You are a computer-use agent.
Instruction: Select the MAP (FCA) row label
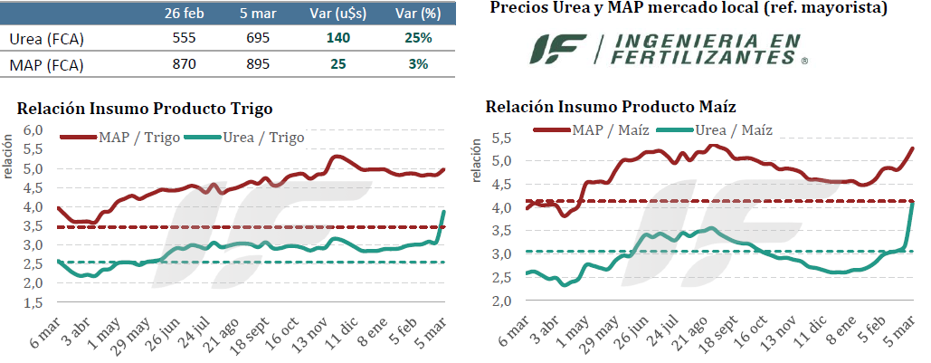click(x=42, y=65)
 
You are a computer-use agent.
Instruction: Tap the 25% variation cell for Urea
click(x=417, y=39)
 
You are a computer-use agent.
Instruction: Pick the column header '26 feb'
click(x=185, y=14)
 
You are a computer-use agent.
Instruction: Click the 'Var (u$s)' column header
click(x=343, y=14)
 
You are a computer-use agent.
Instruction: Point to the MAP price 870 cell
click(x=185, y=65)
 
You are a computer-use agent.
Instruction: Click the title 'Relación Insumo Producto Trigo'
click(x=145, y=109)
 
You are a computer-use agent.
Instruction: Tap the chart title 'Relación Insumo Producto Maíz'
click(x=611, y=107)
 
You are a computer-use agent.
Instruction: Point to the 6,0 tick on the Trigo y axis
click(x=32, y=130)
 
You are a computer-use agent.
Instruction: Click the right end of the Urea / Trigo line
click(x=444, y=211)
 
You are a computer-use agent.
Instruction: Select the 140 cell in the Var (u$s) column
click(x=343, y=39)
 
